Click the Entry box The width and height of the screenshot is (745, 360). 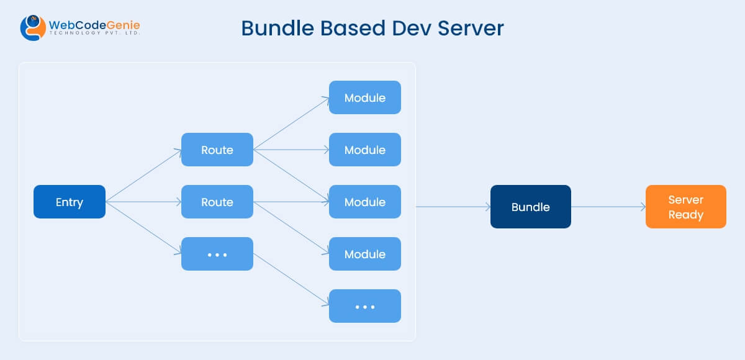pyautogui.click(x=70, y=202)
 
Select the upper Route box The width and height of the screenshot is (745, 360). pyautogui.click(x=217, y=150)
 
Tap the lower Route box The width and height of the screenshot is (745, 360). pyautogui.click(x=217, y=202)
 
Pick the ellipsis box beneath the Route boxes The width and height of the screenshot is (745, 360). pyautogui.click(x=217, y=254)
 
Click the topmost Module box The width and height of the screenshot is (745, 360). pyautogui.click(x=365, y=97)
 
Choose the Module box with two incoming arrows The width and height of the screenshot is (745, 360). pyautogui.click(x=365, y=202)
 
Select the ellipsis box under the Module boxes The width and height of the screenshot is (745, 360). pyautogui.click(x=365, y=306)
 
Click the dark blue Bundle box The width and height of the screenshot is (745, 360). pyautogui.click(x=531, y=207)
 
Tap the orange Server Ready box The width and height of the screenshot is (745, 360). pyautogui.click(x=686, y=207)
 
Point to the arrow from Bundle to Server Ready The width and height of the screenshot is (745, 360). pyautogui.click(x=608, y=207)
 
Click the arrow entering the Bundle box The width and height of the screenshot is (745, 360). pyautogui.click(x=453, y=207)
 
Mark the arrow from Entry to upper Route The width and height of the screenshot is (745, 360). pyautogui.click(x=143, y=176)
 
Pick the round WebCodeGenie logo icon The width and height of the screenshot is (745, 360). pyautogui.click(x=33, y=27)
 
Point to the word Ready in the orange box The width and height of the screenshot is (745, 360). pyautogui.click(x=686, y=215)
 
